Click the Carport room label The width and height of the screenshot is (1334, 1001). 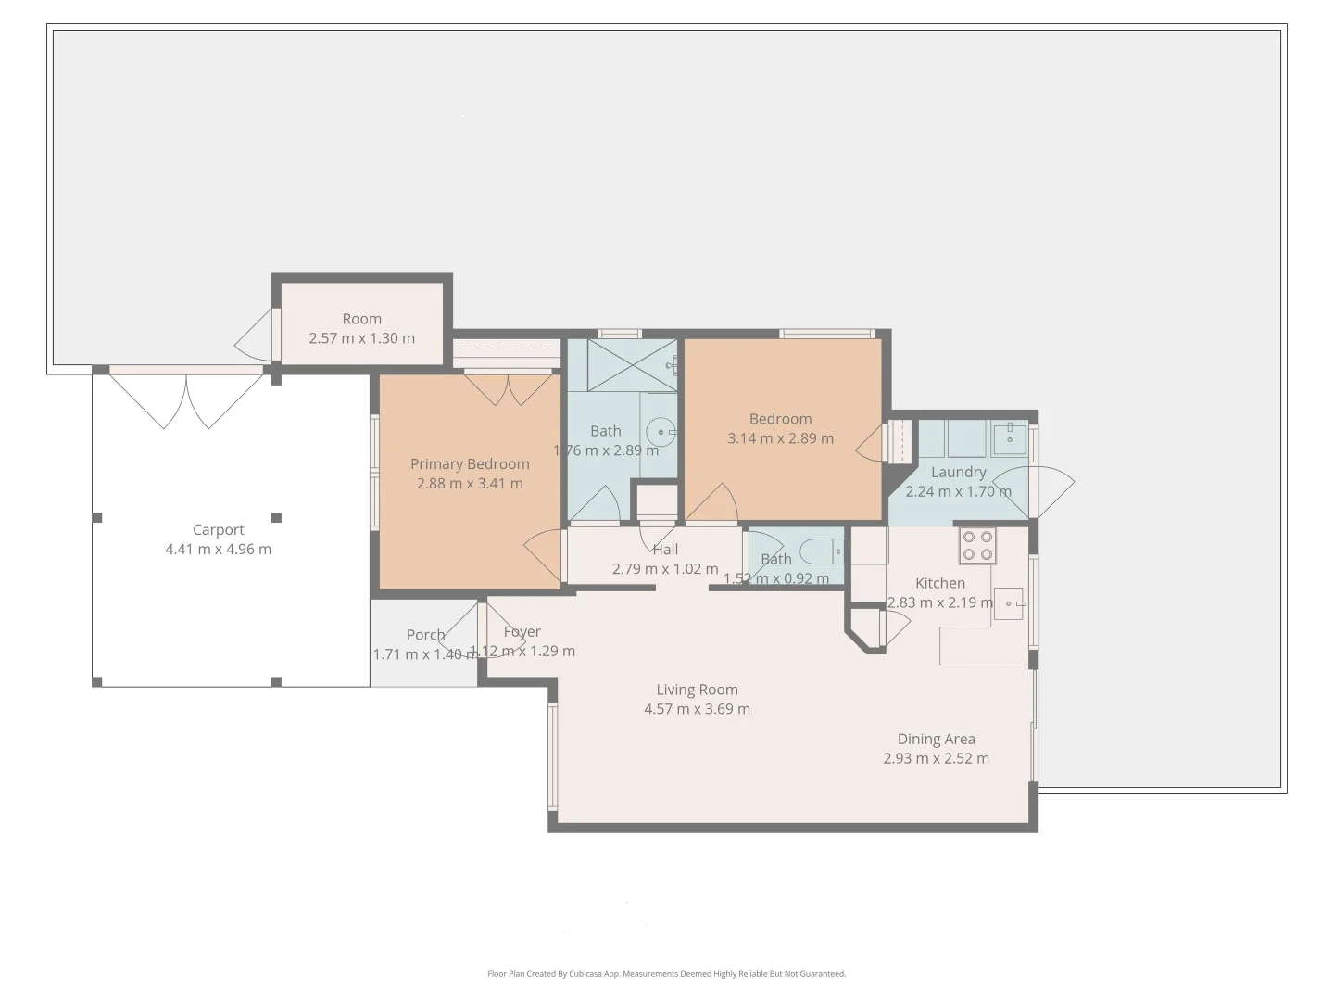coord(219,530)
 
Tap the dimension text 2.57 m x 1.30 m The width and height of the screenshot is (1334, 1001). coord(361,338)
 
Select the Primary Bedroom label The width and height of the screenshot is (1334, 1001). coord(470,464)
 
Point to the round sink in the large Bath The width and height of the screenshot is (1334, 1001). coord(660,431)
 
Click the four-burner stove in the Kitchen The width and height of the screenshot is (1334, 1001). coord(977,546)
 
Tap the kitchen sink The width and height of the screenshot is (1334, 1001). coord(1008,603)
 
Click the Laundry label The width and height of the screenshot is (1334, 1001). coord(958,472)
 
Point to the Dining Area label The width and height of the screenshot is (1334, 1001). coord(936,739)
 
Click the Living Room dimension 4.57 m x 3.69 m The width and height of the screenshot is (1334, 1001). coord(697,709)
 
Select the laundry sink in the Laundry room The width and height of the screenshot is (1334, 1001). coord(1008,437)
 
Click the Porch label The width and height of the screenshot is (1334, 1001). coord(425,635)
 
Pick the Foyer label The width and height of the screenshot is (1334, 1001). coord(522,631)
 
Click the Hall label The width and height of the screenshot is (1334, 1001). coord(665,549)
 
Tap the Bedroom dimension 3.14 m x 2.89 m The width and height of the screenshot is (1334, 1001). coord(780,438)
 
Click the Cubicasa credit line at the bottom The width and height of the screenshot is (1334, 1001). coord(666,974)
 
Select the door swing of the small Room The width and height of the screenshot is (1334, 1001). coord(254,336)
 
